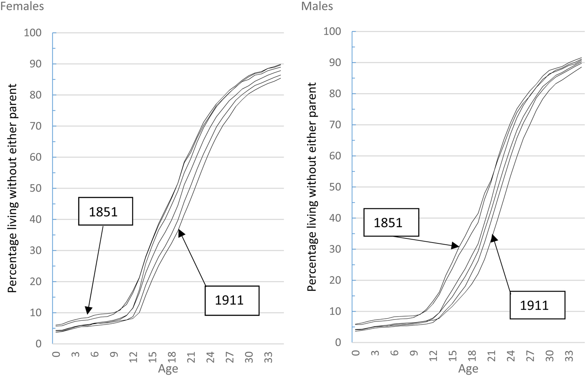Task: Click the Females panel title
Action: pyautogui.click(x=22, y=6)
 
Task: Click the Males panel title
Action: pyautogui.click(x=317, y=6)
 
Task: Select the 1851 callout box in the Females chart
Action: pyautogui.click(x=105, y=211)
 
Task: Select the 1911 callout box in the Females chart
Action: pyautogui.click(x=232, y=300)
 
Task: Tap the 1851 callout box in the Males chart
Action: pyautogui.click(x=391, y=223)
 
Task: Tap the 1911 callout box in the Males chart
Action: pyautogui.click(x=537, y=305)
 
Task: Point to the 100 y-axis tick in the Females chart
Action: pyautogui.click(x=33, y=33)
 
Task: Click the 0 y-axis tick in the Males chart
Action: pyautogui.click(x=338, y=343)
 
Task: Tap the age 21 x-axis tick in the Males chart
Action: pyautogui.click(x=491, y=356)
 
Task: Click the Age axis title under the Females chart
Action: pyautogui.click(x=168, y=368)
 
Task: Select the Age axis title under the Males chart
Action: pyautogui.click(x=468, y=368)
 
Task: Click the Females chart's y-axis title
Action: pyautogui.click(x=13, y=188)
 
